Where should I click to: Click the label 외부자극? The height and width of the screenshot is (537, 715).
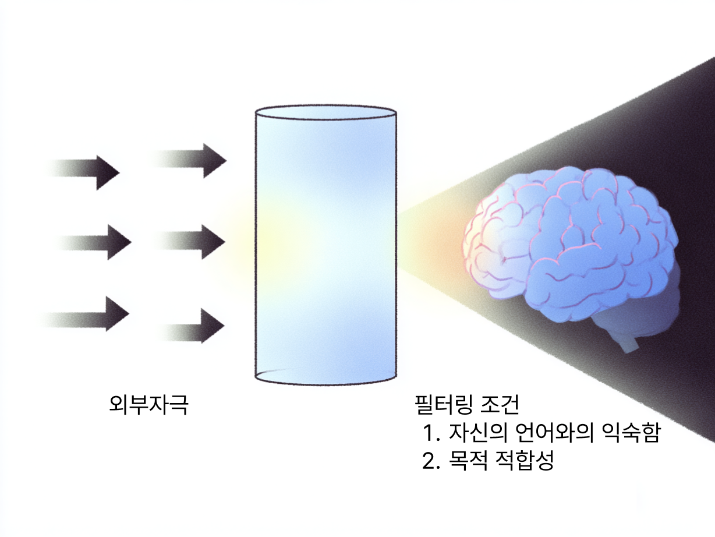tap(148, 404)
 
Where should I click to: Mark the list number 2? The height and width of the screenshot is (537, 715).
tap(431, 461)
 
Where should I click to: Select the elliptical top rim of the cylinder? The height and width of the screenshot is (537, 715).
tap(326, 111)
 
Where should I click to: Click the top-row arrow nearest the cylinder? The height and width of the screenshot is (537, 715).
tap(198, 159)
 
